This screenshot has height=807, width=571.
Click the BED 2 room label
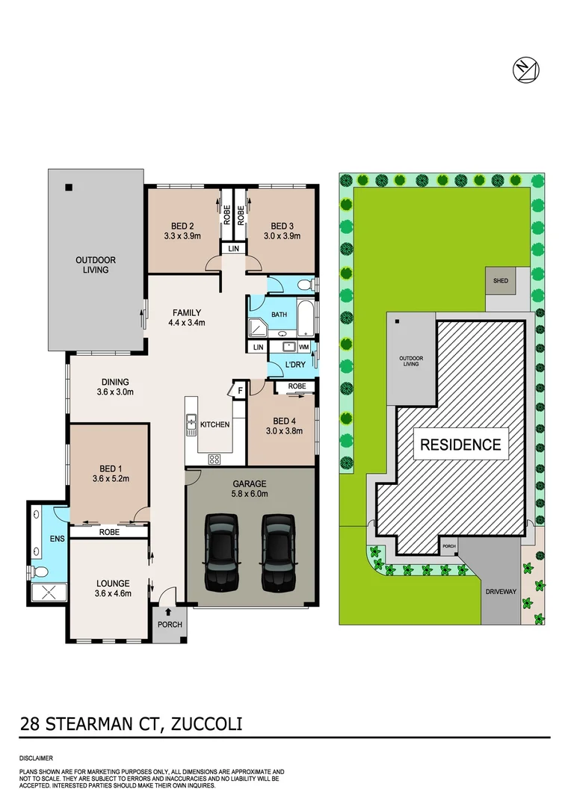(x=182, y=226)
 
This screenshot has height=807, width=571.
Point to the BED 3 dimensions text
(x=285, y=236)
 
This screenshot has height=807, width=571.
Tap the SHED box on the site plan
(x=500, y=281)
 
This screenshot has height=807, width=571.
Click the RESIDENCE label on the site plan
(x=460, y=445)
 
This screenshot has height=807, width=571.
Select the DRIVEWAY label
(x=500, y=591)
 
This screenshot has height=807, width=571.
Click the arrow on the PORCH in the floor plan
(x=167, y=612)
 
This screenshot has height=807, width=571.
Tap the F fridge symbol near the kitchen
(x=240, y=389)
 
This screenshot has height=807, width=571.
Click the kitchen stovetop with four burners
(x=214, y=460)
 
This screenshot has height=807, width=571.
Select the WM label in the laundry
(x=303, y=347)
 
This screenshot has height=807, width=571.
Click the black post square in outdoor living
(x=68, y=187)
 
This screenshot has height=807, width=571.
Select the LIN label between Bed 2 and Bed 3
(x=233, y=248)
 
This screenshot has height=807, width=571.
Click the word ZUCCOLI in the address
(x=207, y=723)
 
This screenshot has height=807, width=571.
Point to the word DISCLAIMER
(x=36, y=758)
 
